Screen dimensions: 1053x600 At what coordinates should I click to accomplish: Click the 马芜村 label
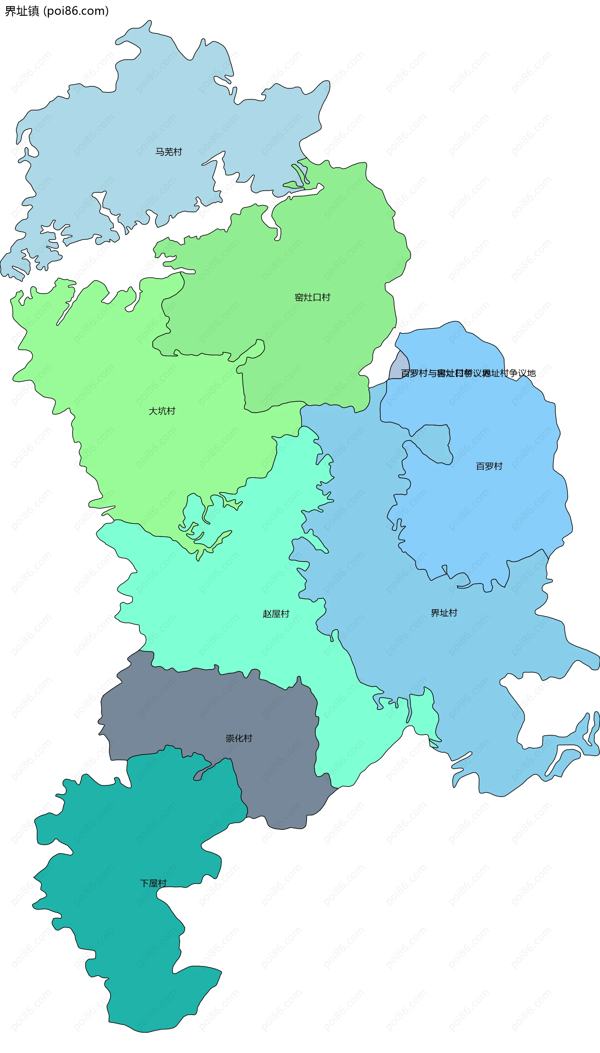point(168,152)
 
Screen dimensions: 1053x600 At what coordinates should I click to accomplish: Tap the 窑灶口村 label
point(312,297)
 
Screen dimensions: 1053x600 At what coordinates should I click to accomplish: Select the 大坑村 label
point(162,411)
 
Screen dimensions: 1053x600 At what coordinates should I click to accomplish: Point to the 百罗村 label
point(489,466)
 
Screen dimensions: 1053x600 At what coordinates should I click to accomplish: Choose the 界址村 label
point(444,613)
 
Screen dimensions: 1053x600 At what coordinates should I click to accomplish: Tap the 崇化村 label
point(239,738)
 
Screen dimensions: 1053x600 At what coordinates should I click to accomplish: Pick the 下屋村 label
point(153,883)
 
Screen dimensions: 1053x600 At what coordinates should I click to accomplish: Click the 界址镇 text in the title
point(22,11)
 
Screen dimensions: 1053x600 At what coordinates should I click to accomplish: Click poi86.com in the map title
point(76,11)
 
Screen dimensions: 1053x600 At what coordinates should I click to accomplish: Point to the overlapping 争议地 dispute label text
point(468,373)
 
